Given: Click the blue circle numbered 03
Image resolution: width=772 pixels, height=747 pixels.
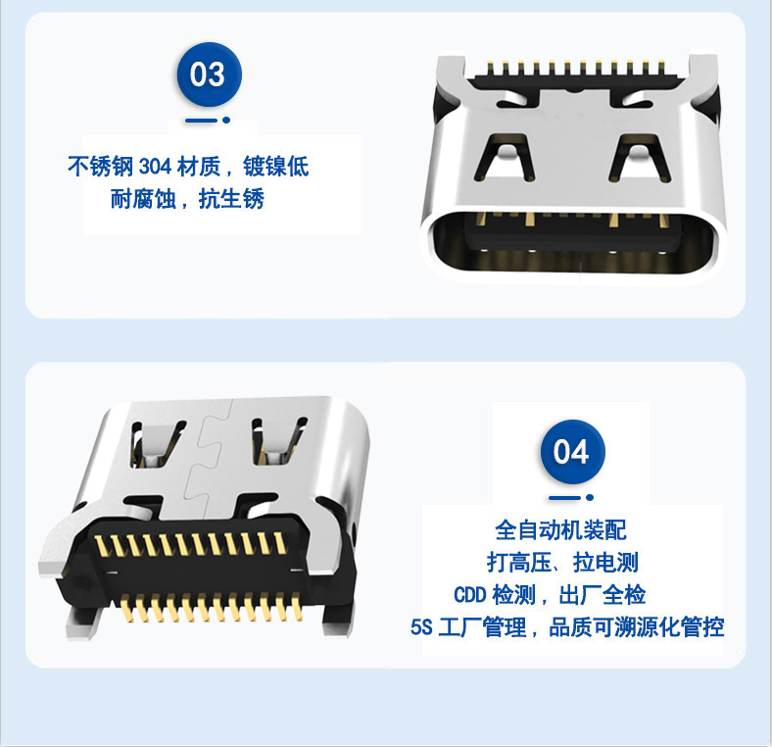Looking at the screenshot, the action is pos(210,75).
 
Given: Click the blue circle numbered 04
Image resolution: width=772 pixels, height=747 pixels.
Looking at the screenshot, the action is pos(572,452).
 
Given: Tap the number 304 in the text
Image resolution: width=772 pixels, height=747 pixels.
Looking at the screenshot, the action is pos(155,167).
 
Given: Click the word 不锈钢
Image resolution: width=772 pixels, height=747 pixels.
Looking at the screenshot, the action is pos(101,167).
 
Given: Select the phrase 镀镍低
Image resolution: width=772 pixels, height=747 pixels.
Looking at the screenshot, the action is pos(276,167).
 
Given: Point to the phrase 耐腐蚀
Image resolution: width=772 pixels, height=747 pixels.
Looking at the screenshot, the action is pos(143,199).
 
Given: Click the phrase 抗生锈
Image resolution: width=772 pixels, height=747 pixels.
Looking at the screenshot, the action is pos(231,199).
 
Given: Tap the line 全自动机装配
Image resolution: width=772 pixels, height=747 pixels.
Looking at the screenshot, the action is pos(560,530).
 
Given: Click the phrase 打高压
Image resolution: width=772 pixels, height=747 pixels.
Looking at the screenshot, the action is pos(519,563).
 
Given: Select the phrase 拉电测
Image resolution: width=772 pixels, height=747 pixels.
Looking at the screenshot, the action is pos(606,563).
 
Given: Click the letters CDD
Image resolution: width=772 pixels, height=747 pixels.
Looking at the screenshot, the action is pos(469,595).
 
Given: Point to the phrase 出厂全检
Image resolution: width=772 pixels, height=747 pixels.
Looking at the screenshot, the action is pos(603,595).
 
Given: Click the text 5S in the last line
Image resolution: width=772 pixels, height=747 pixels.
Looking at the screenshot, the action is pos(421,627).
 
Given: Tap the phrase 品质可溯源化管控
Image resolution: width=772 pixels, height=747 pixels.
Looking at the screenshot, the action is pos(636,627).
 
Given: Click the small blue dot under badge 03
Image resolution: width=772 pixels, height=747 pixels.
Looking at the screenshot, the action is pos(226,120).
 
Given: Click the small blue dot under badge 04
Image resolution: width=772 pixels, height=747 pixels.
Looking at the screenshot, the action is pos(590,498).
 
